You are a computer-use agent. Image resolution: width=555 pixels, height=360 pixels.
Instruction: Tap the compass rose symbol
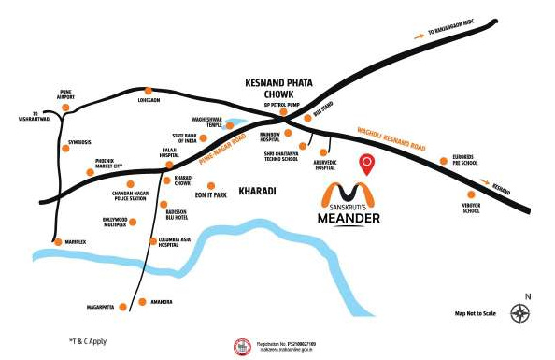(519, 315)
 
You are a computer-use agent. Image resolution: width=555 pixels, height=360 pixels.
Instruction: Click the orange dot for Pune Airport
(65, 108)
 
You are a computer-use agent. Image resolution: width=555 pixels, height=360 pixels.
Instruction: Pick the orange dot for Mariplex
(58, 242)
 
